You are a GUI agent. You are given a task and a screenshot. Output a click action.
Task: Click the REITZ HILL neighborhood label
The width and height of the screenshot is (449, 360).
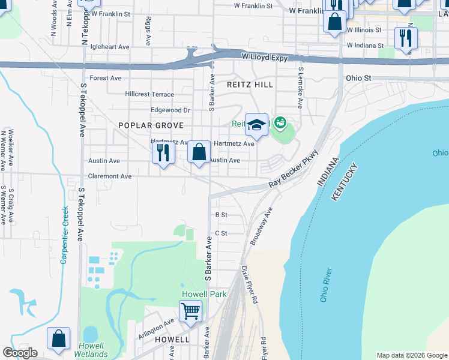point(250,85)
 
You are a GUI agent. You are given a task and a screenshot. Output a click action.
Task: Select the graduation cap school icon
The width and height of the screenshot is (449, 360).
point(256,125)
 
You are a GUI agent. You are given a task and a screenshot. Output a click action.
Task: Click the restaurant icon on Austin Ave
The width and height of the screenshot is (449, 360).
point(163,154)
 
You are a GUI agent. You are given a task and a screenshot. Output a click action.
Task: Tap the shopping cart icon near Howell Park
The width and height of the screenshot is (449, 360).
point(190,311)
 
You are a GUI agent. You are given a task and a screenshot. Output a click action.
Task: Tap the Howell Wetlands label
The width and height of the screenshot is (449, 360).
point(91,350)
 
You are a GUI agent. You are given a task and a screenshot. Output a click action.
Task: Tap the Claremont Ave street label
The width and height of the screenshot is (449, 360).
point(110,176)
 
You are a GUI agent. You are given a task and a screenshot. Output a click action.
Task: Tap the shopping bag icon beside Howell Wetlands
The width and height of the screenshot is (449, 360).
point(59,338)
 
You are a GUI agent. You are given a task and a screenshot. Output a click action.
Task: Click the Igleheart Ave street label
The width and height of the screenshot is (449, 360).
point(109,47)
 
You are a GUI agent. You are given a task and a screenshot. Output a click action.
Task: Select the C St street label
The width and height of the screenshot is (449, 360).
point(221,233)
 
